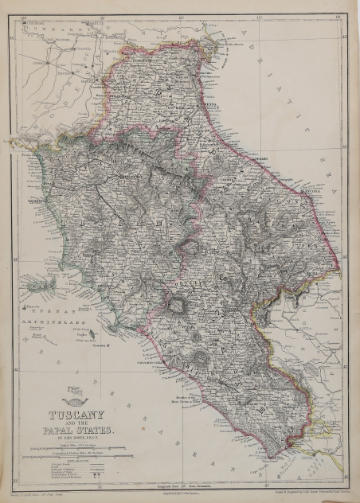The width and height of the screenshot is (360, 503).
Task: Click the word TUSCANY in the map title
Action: tap(77, 416)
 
